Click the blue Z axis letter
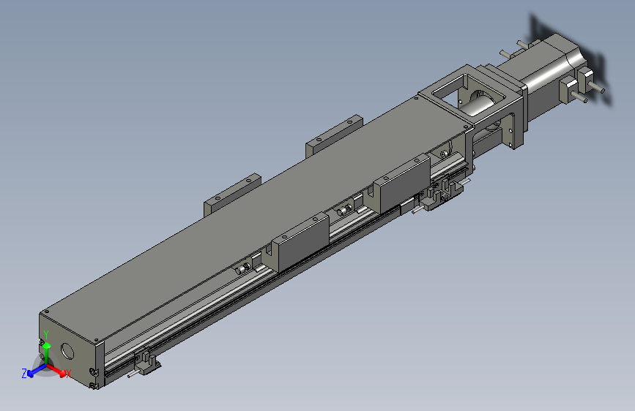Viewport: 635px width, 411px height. click(24, 373)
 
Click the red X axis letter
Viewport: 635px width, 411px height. click(68, 374)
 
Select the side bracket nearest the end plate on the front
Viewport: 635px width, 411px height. click(300, 239)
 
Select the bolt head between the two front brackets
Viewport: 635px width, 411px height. click(342, 211)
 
